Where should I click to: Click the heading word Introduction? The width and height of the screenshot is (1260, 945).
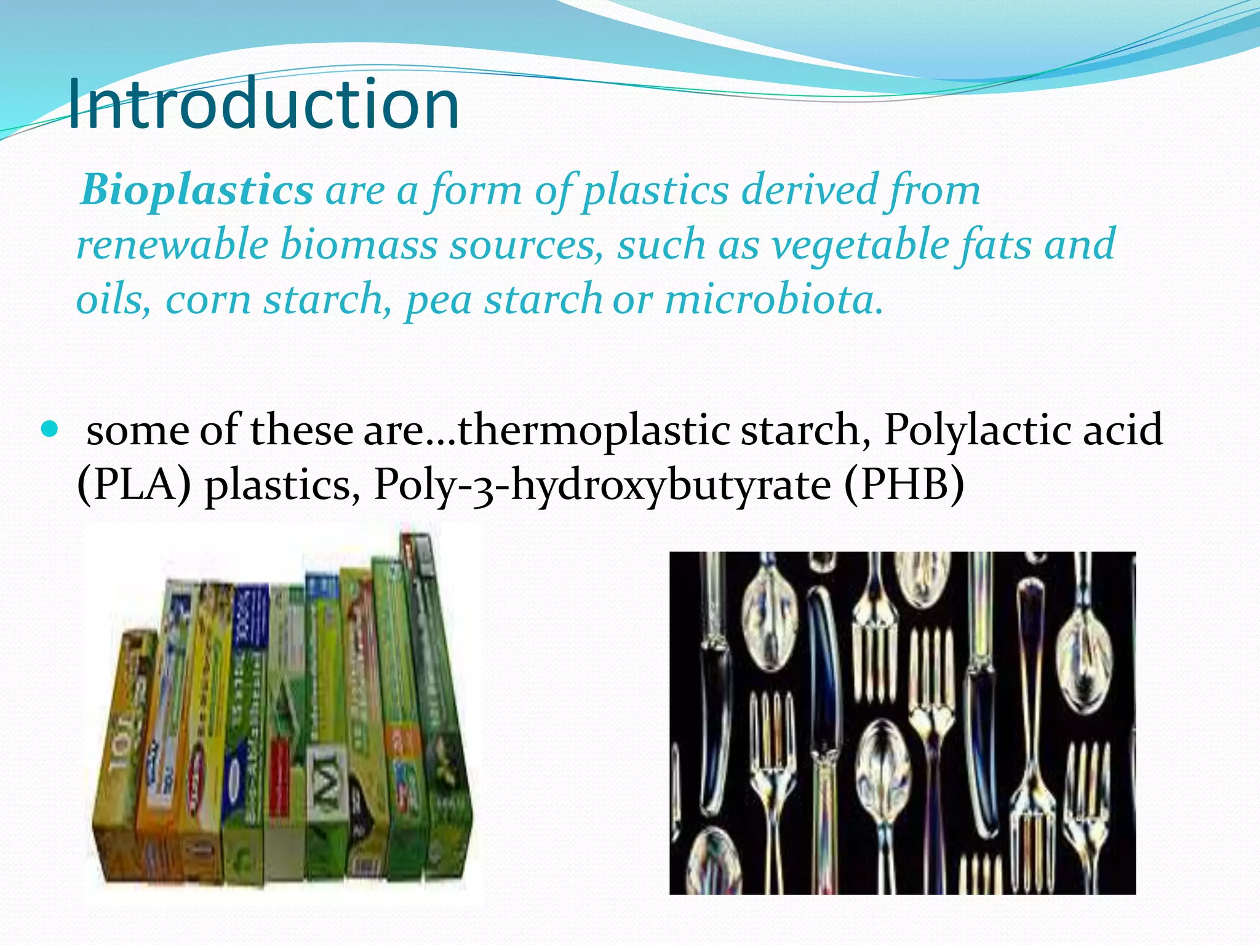[x=263, y=105]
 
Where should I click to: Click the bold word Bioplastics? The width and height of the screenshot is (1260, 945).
[x=197, y=190]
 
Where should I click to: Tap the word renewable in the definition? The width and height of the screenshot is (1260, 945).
[x=172, y=245]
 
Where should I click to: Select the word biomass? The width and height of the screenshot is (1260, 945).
[x=359, y=245]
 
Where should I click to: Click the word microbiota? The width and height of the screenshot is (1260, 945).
[x=774, y=300]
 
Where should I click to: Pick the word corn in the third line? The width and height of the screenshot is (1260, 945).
[x=208, y=300]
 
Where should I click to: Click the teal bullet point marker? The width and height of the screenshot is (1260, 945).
[x=50, y=428]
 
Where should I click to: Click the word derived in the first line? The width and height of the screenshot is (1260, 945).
[x=809, y=190]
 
